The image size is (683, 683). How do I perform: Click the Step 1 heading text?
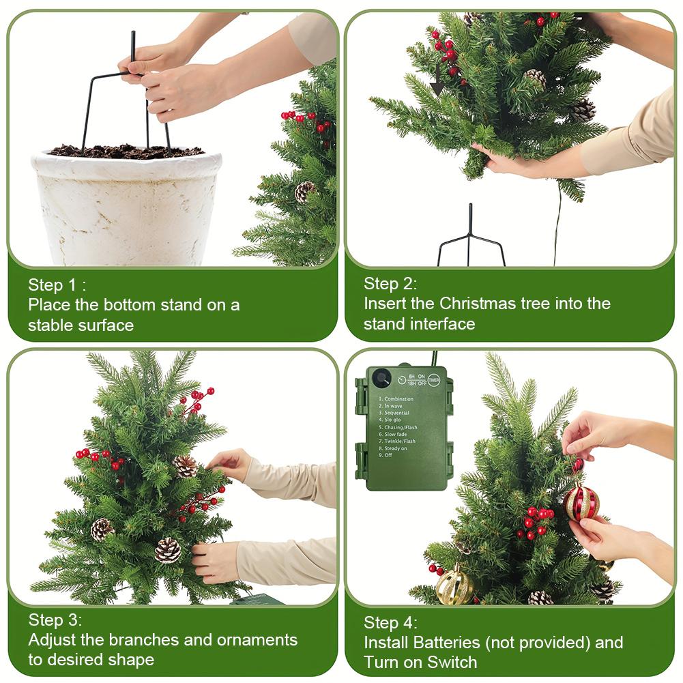click(x=57, y=285)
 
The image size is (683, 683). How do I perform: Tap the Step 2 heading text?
click(x=390, y=283)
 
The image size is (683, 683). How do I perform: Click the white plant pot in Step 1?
click(x=126, y=205)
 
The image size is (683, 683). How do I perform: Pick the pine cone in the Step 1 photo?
click(x=304, y=192)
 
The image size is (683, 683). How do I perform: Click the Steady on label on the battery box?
click(x=396, y=448)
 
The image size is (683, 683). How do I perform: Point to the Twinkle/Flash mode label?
click(x=401, y=441)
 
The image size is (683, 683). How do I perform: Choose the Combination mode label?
click(x=398, y=398)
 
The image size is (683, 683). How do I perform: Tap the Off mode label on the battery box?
click(x=388, y=455)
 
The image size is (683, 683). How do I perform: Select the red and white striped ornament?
click(x=581, y=502)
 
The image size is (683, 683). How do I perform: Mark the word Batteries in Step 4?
click(x=448, y=642)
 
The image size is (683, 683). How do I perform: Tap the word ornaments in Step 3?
click(x=257, y=639)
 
